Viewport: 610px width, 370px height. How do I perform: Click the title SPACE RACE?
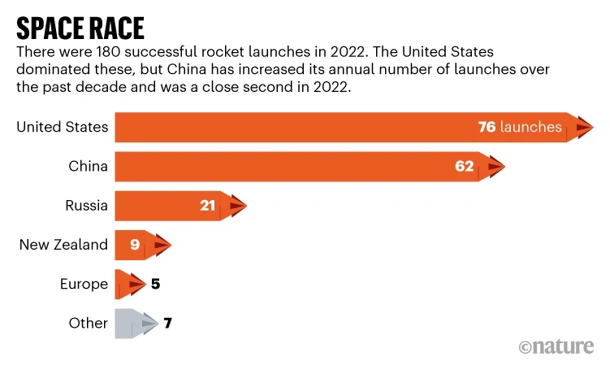click(80, 28)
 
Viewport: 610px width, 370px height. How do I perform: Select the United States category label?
click(62, 127)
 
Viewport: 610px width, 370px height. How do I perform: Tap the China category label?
click(89, 167)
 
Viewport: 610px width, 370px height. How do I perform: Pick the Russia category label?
click(86, 206)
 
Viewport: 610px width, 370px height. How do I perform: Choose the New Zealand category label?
click(63, 245)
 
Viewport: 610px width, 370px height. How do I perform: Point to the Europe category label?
click(84, 284)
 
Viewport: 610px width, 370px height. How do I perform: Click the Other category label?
click(88, 323)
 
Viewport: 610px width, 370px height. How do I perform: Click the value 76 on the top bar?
click(487, 127)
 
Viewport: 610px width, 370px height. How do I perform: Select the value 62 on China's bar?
click(464, 167)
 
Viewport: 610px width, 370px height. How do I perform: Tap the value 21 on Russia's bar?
click(208, 206)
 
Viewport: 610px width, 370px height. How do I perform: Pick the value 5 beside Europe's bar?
click(157, 284)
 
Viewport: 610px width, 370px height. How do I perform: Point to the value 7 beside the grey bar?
click(167, 323)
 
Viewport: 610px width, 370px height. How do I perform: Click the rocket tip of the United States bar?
click(584, 127)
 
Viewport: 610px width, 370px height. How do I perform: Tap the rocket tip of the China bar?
click(495, 167)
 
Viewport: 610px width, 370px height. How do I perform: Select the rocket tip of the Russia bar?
click(236, 206)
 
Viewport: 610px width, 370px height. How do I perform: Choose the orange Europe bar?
click(128, 284)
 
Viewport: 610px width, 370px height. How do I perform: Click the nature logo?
click(557, 347)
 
